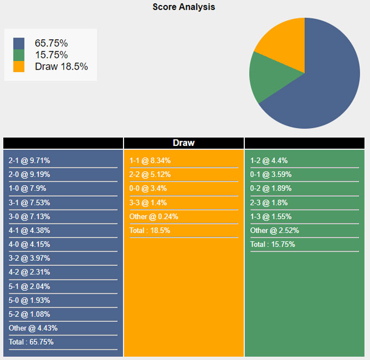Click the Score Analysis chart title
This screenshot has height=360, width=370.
point(183,7)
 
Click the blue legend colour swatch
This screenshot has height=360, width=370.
point(19,43)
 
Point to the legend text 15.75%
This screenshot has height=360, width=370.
point(51,55)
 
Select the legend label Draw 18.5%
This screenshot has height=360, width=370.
point(61,66)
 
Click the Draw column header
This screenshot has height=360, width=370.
point(183,143)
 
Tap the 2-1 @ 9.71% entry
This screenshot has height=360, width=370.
point(29,161)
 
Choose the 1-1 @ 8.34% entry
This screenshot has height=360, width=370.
point(150,161)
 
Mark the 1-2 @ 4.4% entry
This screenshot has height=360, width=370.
point(269,161)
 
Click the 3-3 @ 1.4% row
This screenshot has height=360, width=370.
point(148,203)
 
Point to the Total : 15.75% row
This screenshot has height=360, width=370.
point(273,245)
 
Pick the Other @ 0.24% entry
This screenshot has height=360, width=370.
point(153,216)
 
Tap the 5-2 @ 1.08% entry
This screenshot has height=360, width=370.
point(29,314)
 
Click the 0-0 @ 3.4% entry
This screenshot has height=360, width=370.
point(148,188)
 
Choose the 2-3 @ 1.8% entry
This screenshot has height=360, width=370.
point(269,203)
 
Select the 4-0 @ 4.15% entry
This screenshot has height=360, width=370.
point(29,245)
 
